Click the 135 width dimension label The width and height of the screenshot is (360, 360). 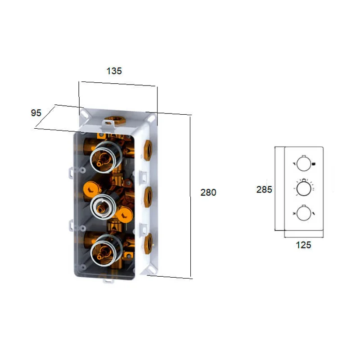[114, 71]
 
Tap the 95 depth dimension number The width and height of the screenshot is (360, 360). [36, 112]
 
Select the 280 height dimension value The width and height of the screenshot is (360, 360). [208, 192]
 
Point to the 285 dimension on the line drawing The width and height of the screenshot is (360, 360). [264, 189]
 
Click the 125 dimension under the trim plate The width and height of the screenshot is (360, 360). [303, 245]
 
